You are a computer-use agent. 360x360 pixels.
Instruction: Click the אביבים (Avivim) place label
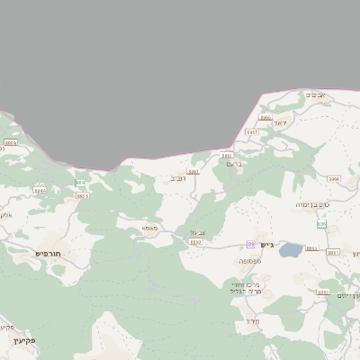click(x=315, y=94)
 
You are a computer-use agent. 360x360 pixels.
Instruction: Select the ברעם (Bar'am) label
click(x=236, y=164)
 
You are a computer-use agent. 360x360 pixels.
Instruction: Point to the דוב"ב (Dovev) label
click(x=178, y=178)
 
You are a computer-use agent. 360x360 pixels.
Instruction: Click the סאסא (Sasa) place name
click(x=149, y=229)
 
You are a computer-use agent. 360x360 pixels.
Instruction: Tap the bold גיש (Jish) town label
click(x=265, y=245)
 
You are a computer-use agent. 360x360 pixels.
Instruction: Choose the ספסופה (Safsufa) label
click(x=249, y=262)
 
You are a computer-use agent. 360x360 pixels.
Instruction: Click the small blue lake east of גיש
click(x=290, y=249)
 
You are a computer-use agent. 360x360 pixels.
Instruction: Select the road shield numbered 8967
click(x=253, y=132)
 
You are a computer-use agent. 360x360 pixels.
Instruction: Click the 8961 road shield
click(x=193, y=171)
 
